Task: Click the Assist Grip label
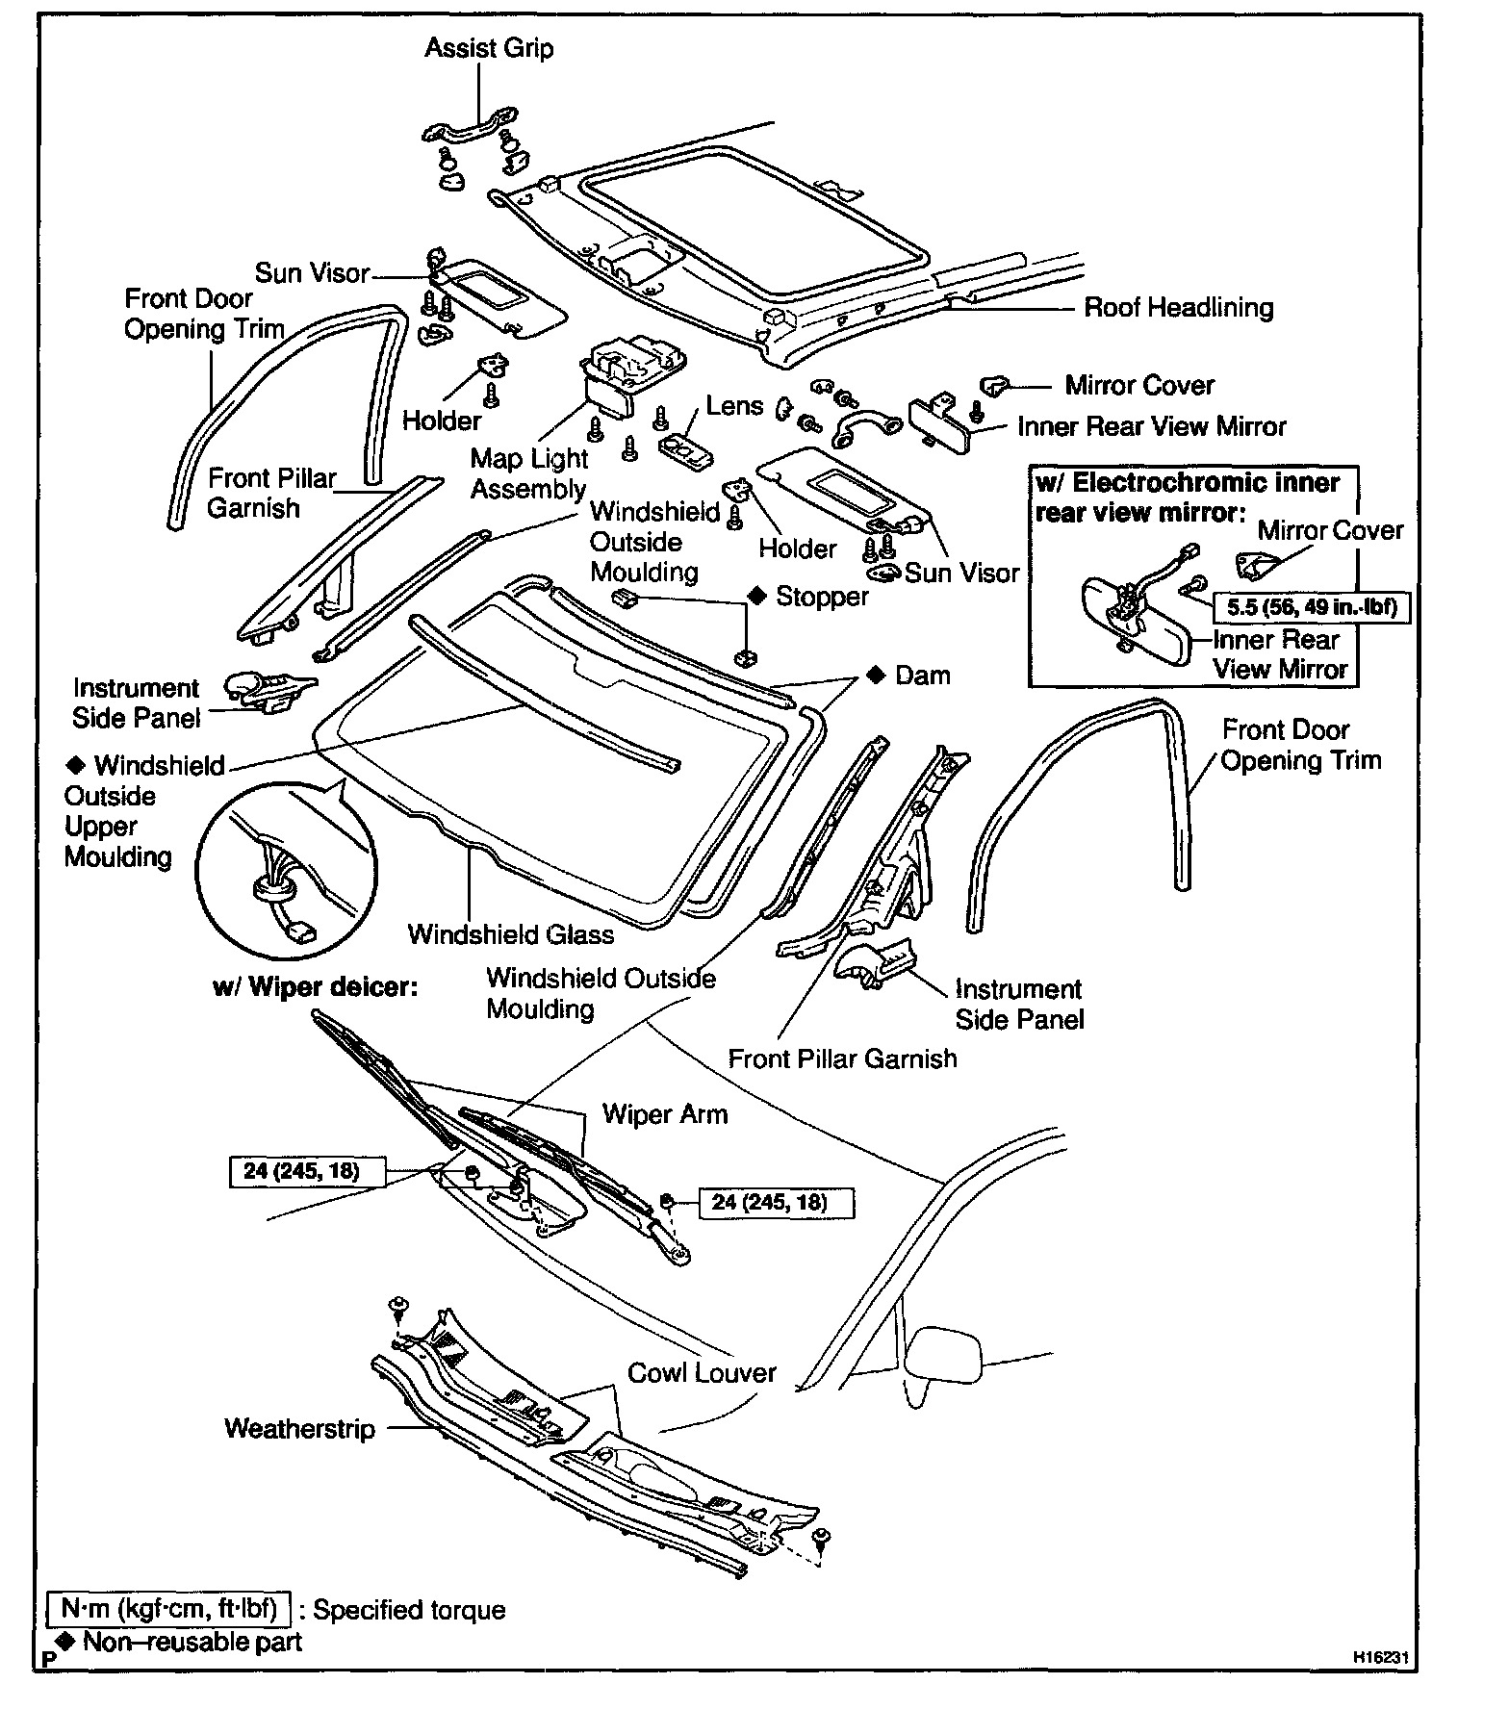[489, 48]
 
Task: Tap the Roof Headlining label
[1178, 308]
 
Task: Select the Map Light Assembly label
[528, 473]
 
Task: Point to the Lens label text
[734, 405]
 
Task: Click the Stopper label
[821, 597]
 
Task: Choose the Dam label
[921, 676]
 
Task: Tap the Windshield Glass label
[510, 933]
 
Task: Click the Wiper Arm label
[664, 1114]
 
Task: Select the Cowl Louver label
[702, 1372]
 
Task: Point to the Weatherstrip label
[299, 1428]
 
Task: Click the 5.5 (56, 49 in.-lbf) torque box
[1312, 607]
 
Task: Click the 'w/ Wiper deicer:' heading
[315, 987]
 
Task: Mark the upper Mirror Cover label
[1138, 386]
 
